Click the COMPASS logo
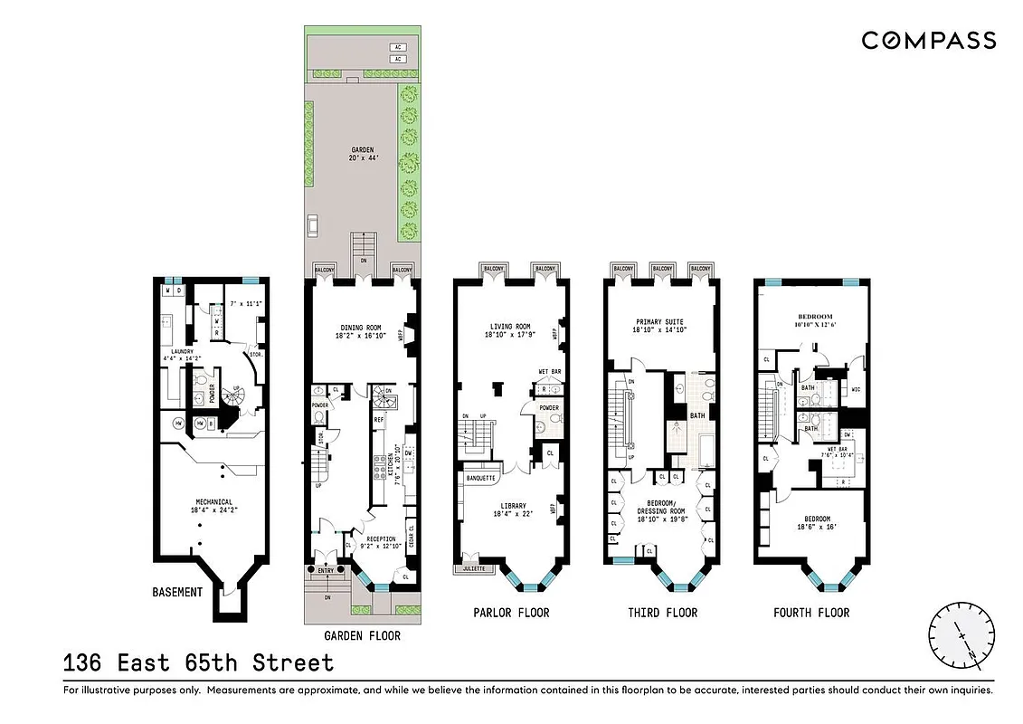[928, 40]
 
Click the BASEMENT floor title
[177, 592]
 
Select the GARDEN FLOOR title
[360, 635]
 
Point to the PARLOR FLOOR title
[511, 613]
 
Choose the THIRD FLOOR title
[662, 613]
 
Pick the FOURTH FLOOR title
[811, 613]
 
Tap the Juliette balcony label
[474, 569]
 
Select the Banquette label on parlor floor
[479, 477]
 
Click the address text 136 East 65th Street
[198, 662]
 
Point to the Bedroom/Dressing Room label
[661, 506]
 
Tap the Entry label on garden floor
[326, 570]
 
